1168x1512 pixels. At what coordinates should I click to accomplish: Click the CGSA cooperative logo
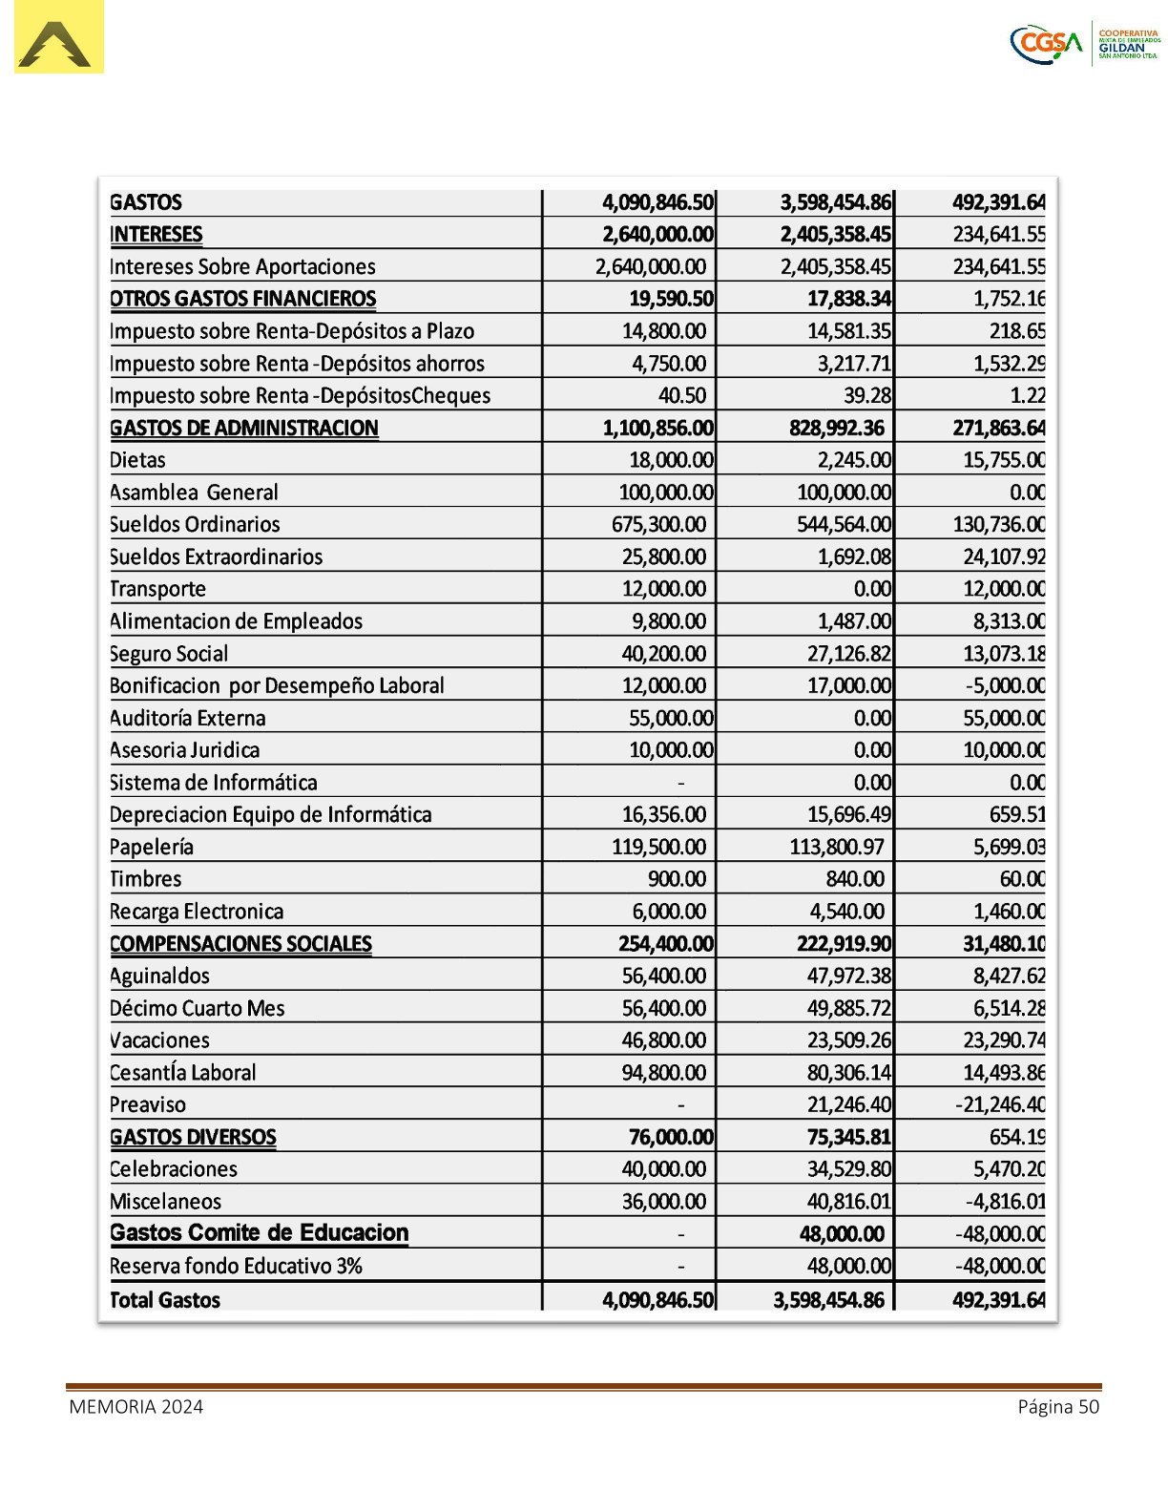[x=1085, y=44]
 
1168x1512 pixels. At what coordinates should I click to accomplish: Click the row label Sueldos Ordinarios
[x=195, y=524]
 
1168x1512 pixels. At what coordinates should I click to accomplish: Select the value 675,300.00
[x=658, y=524]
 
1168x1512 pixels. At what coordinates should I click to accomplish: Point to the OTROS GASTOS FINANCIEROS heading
[x=243, y=299]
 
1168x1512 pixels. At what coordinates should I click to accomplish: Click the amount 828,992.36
[x=836, y=428]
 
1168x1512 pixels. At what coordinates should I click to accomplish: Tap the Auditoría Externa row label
[x=188, y=718]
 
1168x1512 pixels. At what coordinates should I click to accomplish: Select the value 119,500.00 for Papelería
[x=658, y=847]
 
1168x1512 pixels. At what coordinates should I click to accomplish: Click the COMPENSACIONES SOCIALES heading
[x=240, y=944]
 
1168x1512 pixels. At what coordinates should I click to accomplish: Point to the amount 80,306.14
[x=848, y=1072]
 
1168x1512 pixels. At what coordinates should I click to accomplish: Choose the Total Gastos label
[x=165, y=1300]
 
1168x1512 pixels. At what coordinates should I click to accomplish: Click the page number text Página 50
[x=1058, y=1407]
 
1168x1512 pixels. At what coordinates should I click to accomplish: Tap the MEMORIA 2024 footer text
[x=136, y=1407]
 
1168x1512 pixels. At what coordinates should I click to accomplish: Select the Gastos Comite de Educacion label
[x=259, y=1232]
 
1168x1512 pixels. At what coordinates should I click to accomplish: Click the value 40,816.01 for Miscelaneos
[x=848, y=1201]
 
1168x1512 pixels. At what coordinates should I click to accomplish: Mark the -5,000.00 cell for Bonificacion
[x=1004, y=685]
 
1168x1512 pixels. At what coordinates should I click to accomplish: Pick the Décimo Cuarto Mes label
[x=198, y=1008]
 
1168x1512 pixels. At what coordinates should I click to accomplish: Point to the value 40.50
[x=681, y=395]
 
